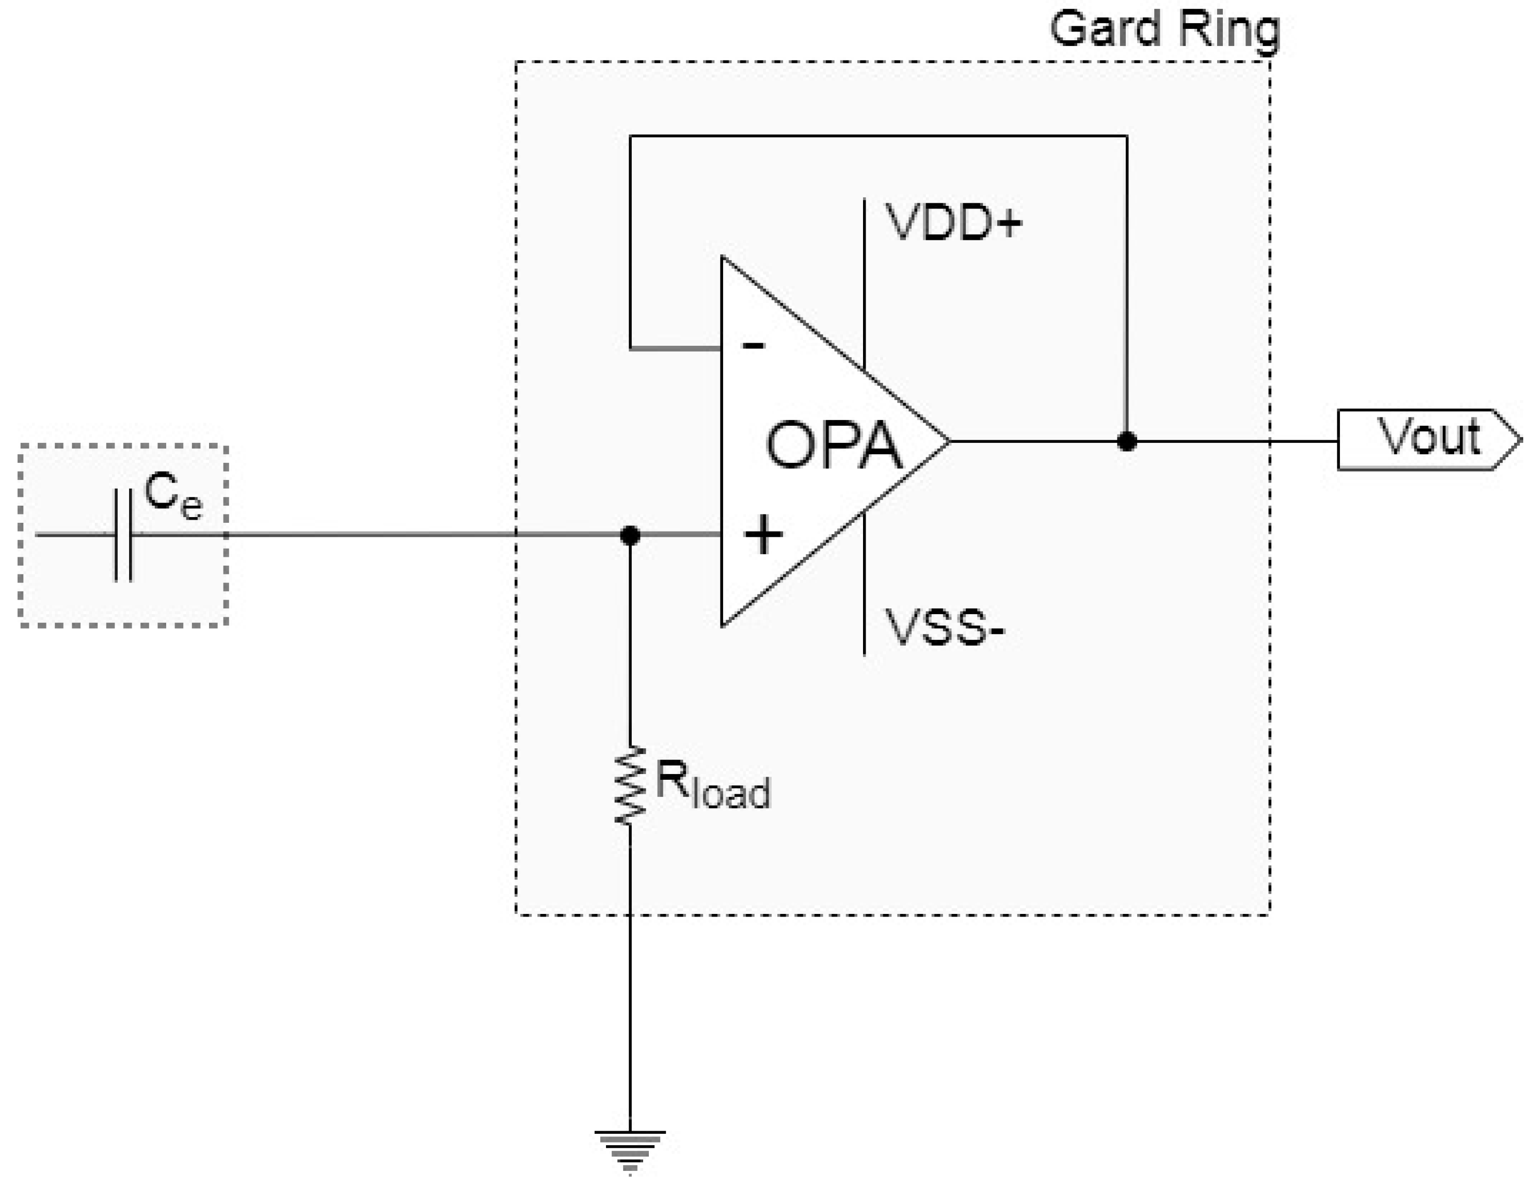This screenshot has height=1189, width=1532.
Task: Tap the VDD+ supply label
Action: coord(953,223)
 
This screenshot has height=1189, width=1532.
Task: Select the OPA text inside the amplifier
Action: coord(833,445)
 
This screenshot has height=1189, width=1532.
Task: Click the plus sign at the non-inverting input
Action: coord(762,535)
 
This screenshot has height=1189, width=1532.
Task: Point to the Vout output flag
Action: coord(1428,440)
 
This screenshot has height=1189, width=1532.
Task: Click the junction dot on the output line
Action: coord(1127,441)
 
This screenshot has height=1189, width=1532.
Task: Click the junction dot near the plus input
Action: coord(630,535)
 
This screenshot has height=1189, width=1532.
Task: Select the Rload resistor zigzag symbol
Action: coord(630,785)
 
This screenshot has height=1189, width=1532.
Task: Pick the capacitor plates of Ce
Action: coord(123,535)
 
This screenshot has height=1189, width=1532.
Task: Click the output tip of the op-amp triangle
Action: coord(947,441)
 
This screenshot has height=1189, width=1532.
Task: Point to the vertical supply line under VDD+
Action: coord(864,281)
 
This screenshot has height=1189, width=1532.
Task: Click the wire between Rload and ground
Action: coord(630,982)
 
